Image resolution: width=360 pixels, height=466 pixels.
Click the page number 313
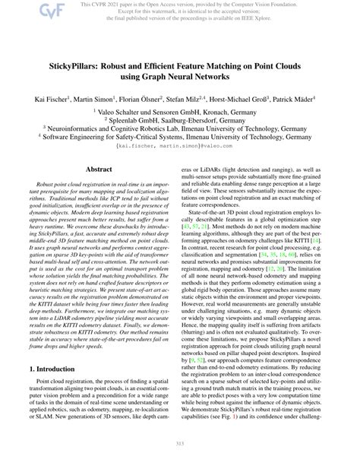click(x=180, y=444)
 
